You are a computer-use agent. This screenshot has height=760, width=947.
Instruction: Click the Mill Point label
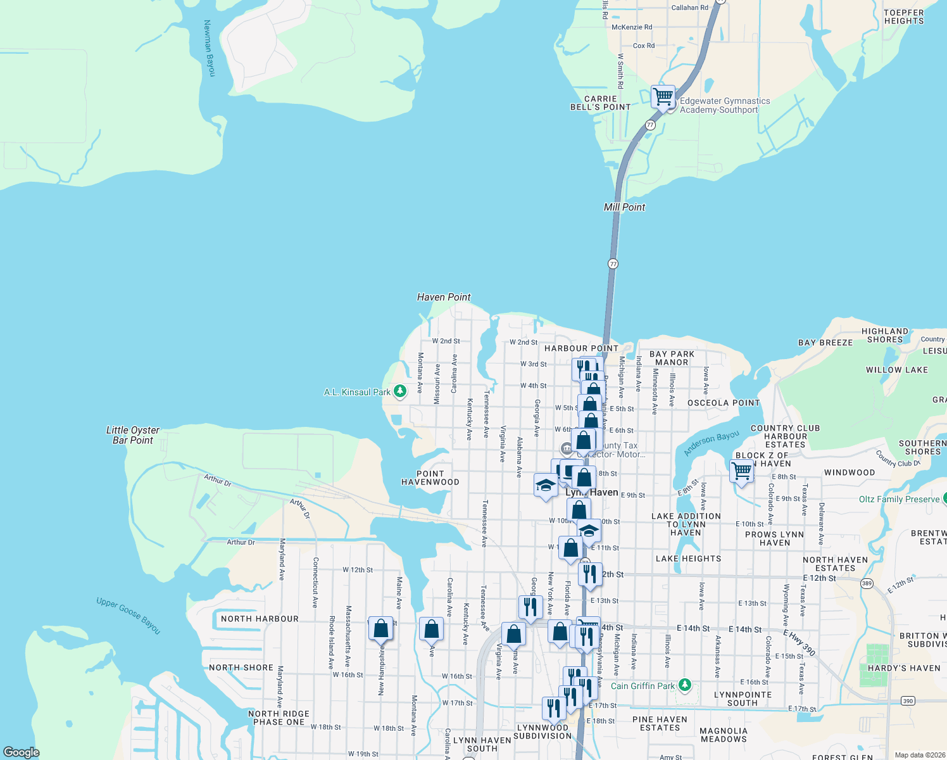point(624,207)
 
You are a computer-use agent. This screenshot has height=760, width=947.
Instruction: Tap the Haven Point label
point(444,297)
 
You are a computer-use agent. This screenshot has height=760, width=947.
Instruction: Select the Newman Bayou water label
point(210,48)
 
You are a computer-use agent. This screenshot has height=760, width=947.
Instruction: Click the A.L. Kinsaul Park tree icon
point(400,391)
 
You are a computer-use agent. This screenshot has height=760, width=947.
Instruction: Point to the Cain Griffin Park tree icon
point(684,685)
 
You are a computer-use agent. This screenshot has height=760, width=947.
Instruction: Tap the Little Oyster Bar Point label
point(133,435)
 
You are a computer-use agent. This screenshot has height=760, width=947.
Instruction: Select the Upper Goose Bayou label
point(129,615)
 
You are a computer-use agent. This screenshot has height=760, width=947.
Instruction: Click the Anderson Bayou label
point(712,443)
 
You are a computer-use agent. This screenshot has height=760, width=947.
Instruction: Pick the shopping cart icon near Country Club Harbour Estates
point(741,471)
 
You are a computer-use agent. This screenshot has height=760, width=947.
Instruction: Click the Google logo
point(22,752)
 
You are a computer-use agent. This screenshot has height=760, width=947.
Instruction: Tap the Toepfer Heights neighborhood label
point(904,17)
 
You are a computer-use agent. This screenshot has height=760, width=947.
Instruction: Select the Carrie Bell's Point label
point(600,103)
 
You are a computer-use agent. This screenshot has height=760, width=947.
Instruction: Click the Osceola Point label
point(724,403)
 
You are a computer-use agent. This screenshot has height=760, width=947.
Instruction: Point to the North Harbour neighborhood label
point(260,619)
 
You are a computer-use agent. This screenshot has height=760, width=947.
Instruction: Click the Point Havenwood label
point(430,478)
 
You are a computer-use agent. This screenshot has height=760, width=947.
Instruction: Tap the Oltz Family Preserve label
point(899,499)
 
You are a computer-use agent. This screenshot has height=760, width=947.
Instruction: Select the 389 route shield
point(867,583)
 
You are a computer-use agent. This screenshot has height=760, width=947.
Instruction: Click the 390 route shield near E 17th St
point(908,700)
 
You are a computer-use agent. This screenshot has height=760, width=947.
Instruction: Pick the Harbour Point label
point(581,348)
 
